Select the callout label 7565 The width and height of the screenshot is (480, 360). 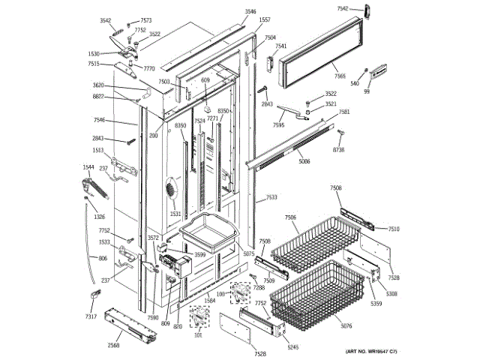(340, 76)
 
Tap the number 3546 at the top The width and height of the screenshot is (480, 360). (250, 13)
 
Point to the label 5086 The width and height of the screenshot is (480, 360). (304, 161)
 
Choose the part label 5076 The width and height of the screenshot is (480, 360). (345, 326)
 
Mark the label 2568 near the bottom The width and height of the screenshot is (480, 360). (113, 345)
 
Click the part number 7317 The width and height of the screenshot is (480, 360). (90, 318)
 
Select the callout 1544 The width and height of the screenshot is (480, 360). (88, 167)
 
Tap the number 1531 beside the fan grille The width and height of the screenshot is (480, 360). (175, 214)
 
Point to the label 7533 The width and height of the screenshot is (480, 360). (271, 198)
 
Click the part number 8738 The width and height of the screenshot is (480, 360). (339, 150)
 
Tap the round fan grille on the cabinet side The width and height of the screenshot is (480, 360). (171, 189)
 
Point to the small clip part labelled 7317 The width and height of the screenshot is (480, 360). (94, 295)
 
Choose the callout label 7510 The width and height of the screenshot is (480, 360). (394, 229)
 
